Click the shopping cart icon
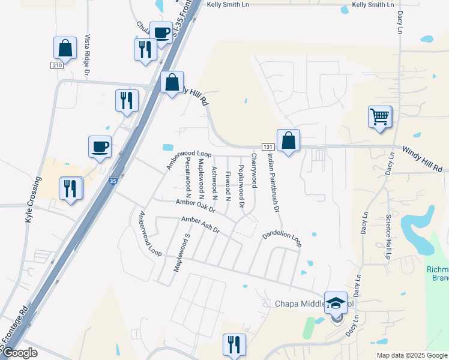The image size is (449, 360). tap(379, 117)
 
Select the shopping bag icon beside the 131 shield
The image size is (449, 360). tap(288, 142)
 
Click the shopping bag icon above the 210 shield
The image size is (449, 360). tap(65, 48)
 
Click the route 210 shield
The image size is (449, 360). tap(57, 65)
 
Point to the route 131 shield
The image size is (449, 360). tap(268, 147)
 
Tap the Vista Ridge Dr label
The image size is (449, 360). tap(88, 55)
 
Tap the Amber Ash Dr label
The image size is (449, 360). tap(201, 226)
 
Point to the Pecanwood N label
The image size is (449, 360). tap(188, 178)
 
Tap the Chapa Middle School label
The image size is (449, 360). tap(306, 304)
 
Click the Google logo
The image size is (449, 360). tap(20, 353)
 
